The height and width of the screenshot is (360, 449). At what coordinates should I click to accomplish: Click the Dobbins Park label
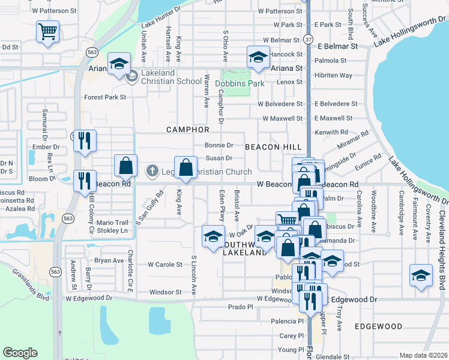(x=240, y=83)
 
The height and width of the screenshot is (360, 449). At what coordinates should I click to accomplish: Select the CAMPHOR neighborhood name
(x=187, y=130)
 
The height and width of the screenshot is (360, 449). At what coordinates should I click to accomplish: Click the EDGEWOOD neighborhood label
(x=378, y=326)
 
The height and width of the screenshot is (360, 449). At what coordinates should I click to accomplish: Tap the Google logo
(x=20, y=353)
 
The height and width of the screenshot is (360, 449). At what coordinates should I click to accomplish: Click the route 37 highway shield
(x=307, y=38)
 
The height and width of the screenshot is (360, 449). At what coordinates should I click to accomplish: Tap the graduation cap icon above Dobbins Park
(x=259, y=58)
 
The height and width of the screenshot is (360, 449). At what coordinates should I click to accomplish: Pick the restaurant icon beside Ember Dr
(x=84, y=142)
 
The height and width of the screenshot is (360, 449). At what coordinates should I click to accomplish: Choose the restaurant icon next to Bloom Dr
(x=84, y=181)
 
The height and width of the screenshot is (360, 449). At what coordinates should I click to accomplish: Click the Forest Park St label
(x=105, y=97)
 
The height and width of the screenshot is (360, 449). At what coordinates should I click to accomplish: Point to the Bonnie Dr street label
(x=218, y=145)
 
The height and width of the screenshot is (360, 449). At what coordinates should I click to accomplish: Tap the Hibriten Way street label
(x=333, y=76)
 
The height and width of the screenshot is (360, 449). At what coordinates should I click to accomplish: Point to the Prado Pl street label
(x=241, y=307)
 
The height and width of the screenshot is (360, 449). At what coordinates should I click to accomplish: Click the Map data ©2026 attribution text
(x=423, y=355)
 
